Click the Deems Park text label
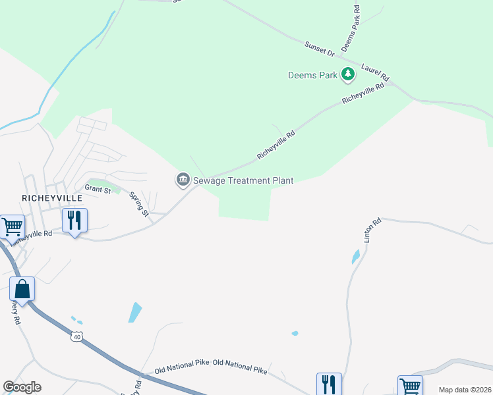pyautogui.click(x=312, y=75)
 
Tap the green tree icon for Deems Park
pyautogui.click(x=348, y=75)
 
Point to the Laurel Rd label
pyautogui.click(x=375, y=72)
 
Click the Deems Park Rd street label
pyautogui.click(x=349, y=30)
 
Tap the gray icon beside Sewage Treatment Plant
pyautogui.click(x=182, y=179)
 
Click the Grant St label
pyautogui.click(x=97, y=189)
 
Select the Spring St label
pyautogui.click(x=139, y=204)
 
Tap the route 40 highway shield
pyautogui.click(x=76, y=337)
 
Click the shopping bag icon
pyautogui.click(x=22, y=289)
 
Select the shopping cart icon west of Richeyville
pyautogui.click(x=12, y=227)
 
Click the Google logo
pyautogui.click(x=22, y=387)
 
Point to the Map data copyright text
pyautogui.click(x=465, y=390)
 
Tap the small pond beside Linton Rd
pyautogui.click(x=356, y=256)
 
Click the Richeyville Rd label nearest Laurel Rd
pyautogui.click(x=362, y=93)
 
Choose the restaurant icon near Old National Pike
pyautogui.click(x=329, y=384)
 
